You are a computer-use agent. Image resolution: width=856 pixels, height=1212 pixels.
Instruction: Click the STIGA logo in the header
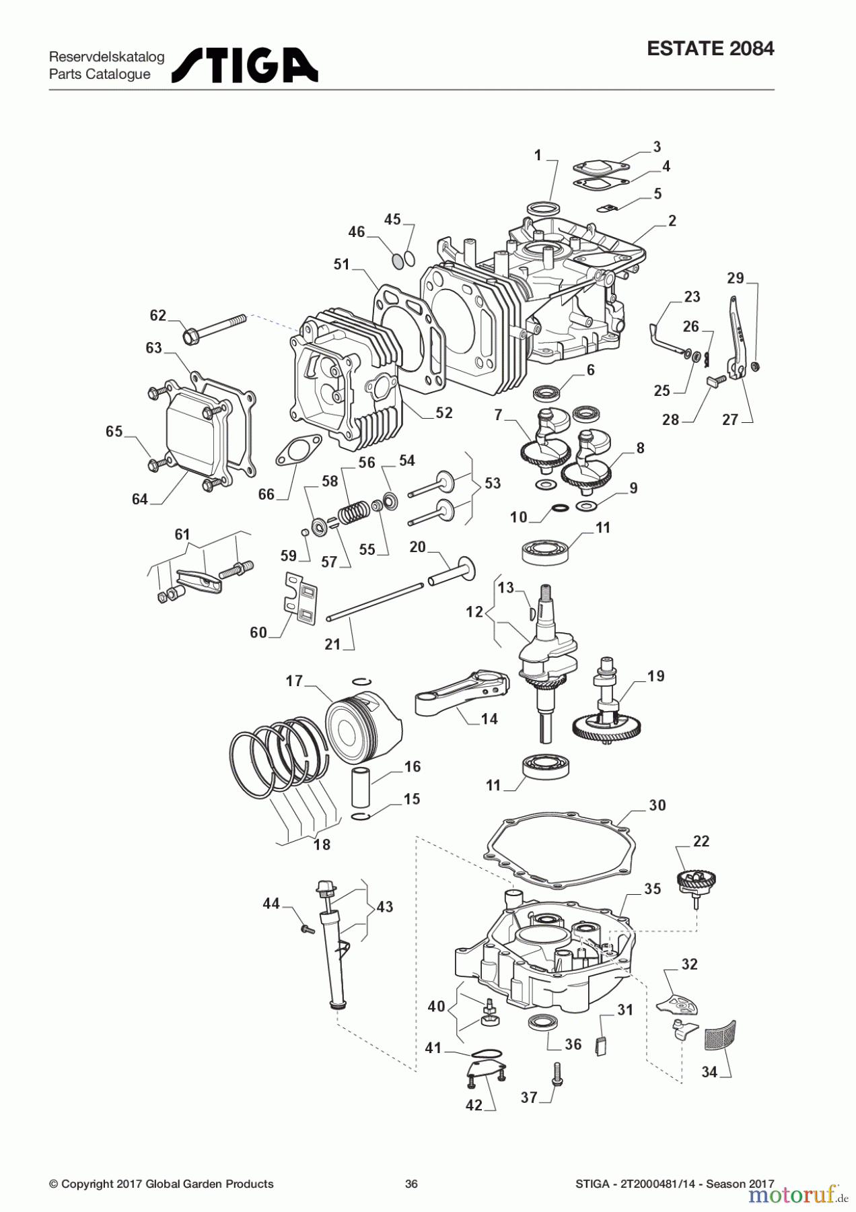click(x=245, y=65)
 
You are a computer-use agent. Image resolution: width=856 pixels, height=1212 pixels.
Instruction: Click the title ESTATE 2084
click(x=710, y=49)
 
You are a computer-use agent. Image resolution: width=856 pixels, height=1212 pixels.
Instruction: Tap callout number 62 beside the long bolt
click(x=157, y=315)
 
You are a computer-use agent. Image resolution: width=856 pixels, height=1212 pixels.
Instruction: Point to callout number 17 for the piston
click(x=294, y=681)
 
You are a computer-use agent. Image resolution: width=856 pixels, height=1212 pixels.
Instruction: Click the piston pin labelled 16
click(x=361, y=784)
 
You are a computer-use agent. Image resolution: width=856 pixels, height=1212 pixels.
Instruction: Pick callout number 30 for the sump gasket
click(x=657, y=805)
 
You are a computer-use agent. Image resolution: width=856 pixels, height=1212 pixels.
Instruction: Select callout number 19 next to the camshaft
click(x=655, y=676)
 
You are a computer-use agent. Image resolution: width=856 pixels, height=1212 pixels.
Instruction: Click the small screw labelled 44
click(x=308, y=929)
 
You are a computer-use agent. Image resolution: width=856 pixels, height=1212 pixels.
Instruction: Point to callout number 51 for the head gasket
click(x=342, y=264)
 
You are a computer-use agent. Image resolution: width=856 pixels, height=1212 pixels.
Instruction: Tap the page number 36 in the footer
click(x=411, y=1184)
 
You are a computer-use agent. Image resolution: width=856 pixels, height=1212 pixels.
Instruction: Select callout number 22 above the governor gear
click(x=701, y=841)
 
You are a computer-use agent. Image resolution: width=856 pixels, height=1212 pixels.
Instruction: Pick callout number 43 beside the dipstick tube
click(x=384, y=907)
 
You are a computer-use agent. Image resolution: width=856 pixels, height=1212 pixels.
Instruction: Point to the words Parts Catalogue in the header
click(x=100, y=74)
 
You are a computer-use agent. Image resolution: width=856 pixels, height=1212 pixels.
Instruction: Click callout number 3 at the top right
click(x=657, y=147)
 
